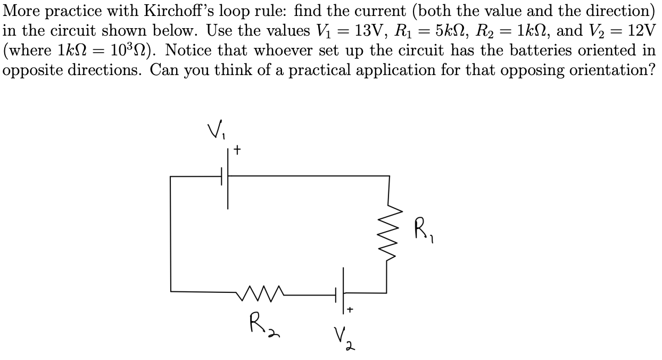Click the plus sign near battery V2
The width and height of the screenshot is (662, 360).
[x=351, y=309]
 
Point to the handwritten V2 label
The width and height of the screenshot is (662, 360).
[x=343, y=337]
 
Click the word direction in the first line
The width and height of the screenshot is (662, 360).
[x=613, y=11]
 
